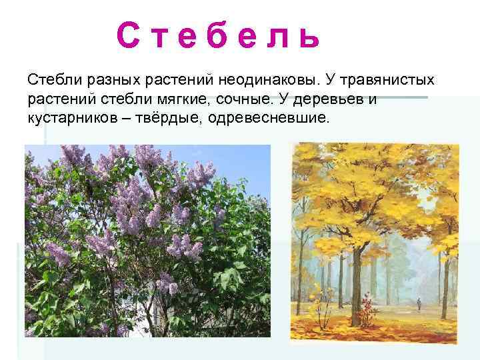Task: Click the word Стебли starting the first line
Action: pos(53,81)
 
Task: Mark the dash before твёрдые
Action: pos(128,119)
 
